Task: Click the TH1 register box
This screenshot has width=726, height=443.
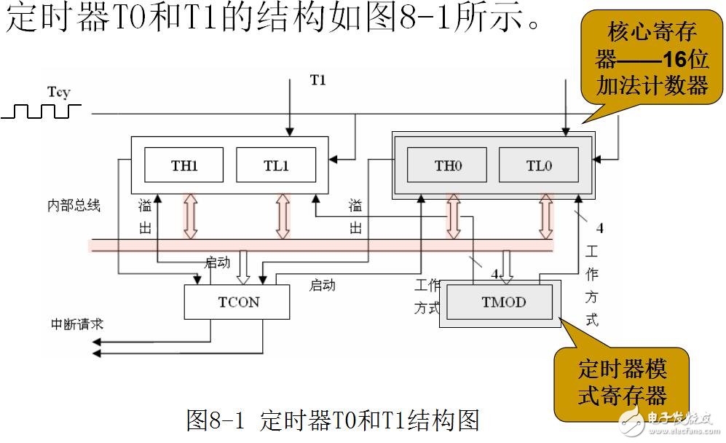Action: pyautogui.click(x=184, y=165)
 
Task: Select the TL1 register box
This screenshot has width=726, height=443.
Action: pyautogui.click(x=276, y=165)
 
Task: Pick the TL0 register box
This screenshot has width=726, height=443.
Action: pyautogui.click(x=539, y=165)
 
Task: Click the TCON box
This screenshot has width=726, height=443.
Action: pyautogui.click(x=237, y=302)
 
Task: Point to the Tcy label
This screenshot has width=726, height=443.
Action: pyautogui.click(x=59, y=92)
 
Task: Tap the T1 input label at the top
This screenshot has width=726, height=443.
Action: pyautogui.click(x=317, y=79)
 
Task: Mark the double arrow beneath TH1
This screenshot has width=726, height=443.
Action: pyautogui.click(x=190, y=216)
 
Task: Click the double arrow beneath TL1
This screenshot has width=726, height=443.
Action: pyautogui.click(x=283, y=216)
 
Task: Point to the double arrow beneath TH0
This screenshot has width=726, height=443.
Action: pyautogui.click(x=454, y=216)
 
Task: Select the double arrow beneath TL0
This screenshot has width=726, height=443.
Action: pyautogui.click(x=545, y=216)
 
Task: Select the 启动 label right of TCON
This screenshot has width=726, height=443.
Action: pyautogui.click(x=323, y=286)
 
